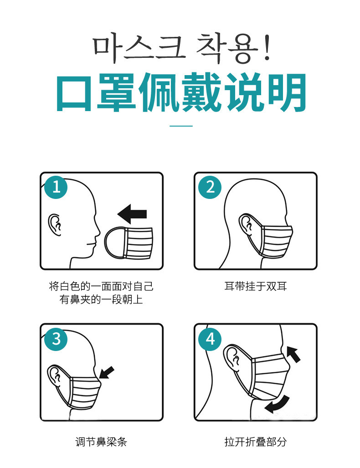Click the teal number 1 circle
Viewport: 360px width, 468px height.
(56, 187)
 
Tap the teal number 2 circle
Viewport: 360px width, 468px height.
(210, 187)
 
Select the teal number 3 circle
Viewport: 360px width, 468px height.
(56, 339)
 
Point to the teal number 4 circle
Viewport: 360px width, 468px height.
(210, 339)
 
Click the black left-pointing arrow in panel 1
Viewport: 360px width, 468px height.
(132, 214)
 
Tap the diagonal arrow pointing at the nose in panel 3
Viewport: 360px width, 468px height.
(107, 372)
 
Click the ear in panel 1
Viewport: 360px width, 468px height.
(55, 225)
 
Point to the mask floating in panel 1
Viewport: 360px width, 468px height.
(129, 243)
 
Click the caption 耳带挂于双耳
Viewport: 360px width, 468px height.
(256, 286)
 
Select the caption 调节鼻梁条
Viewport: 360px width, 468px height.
(101, 442)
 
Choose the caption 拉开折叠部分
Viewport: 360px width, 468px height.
(256, 442)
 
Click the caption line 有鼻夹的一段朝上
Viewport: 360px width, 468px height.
(101, 299)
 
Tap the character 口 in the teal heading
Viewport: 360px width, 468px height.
(74, 93)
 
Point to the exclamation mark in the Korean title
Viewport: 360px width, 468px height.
(267, 48)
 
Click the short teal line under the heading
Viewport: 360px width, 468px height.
(181, 126)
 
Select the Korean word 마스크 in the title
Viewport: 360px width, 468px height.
(138, 48)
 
